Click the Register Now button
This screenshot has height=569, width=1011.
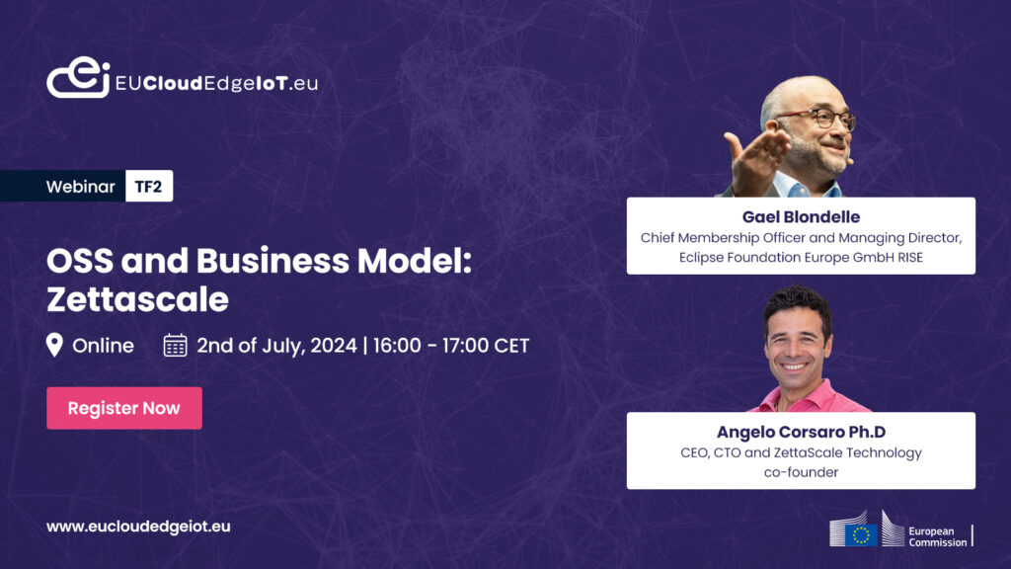(124, 408)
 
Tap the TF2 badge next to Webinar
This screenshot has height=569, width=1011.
(148, 187)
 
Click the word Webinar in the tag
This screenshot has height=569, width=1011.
(80, 187)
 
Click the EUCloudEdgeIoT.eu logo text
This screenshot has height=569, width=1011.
(216, 83)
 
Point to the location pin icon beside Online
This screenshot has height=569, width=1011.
(55, 345)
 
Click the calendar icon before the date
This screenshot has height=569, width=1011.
(175, 345)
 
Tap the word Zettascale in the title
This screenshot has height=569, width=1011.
(137, 297)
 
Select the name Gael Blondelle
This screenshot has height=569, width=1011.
(801, 216)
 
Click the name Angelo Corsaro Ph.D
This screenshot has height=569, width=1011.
(801, 432)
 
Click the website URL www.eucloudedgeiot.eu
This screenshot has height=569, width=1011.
(138, 527)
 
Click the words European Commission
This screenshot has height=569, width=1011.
(937, 535)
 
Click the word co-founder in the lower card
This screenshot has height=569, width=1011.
(801, 472)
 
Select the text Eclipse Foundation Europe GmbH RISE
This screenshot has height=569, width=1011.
(801, 257)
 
